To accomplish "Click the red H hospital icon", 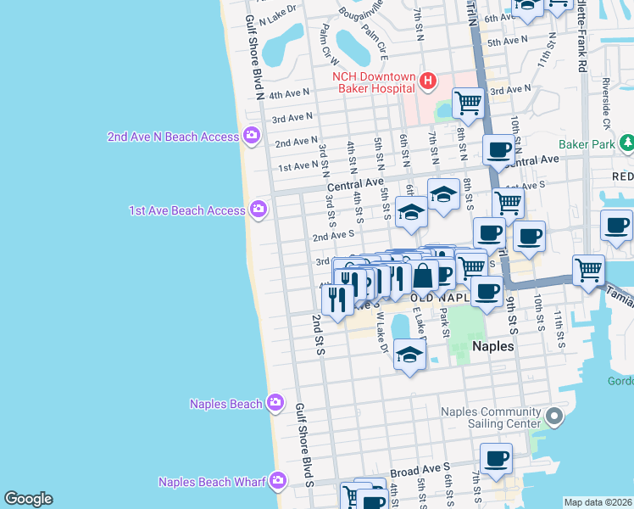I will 428,81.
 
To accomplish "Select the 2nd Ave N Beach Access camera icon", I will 252,136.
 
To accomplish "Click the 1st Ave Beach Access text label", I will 186,210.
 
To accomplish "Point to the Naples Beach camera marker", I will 275,404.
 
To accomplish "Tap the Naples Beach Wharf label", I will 212,482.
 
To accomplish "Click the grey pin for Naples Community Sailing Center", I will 554,417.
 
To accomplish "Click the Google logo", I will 28,499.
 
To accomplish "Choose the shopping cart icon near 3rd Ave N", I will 468,103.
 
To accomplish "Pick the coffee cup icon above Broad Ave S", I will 497,458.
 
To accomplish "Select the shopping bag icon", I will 422,276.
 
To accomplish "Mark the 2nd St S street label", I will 318,334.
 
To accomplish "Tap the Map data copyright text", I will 598,502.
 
